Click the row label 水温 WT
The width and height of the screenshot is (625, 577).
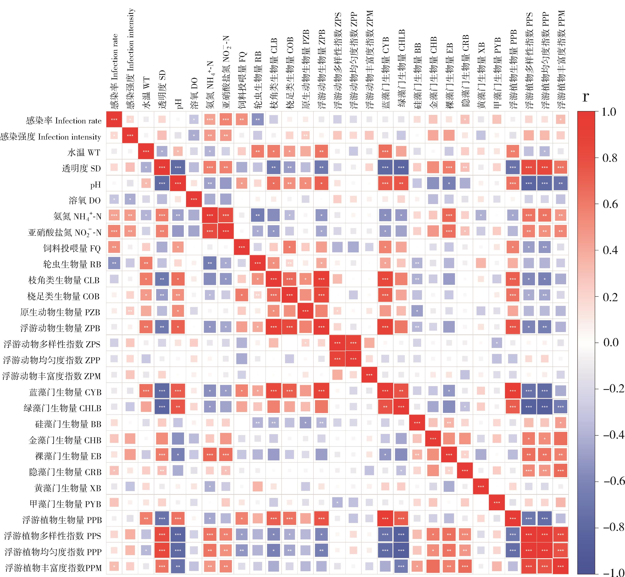click(x=84, y=152)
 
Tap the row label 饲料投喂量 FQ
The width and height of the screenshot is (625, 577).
click(x=72, y=248)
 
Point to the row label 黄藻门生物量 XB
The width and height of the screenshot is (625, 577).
click(x=68, y=488)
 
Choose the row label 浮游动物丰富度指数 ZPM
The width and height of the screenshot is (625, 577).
click(x=51, y=376)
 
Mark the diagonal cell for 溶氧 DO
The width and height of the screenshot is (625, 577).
click(x=194, y=200)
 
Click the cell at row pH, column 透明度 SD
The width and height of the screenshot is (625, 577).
click(x=162, y=184)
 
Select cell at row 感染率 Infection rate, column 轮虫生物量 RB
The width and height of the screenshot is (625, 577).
click(x=258, y=119)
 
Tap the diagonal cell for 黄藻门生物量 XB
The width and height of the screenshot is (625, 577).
click(x=481, y=487)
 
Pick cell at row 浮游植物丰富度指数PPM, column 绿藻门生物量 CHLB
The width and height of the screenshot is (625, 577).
click(x=401, y=567)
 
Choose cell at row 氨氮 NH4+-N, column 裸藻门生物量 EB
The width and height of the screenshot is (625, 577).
click(x=449, y=215)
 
